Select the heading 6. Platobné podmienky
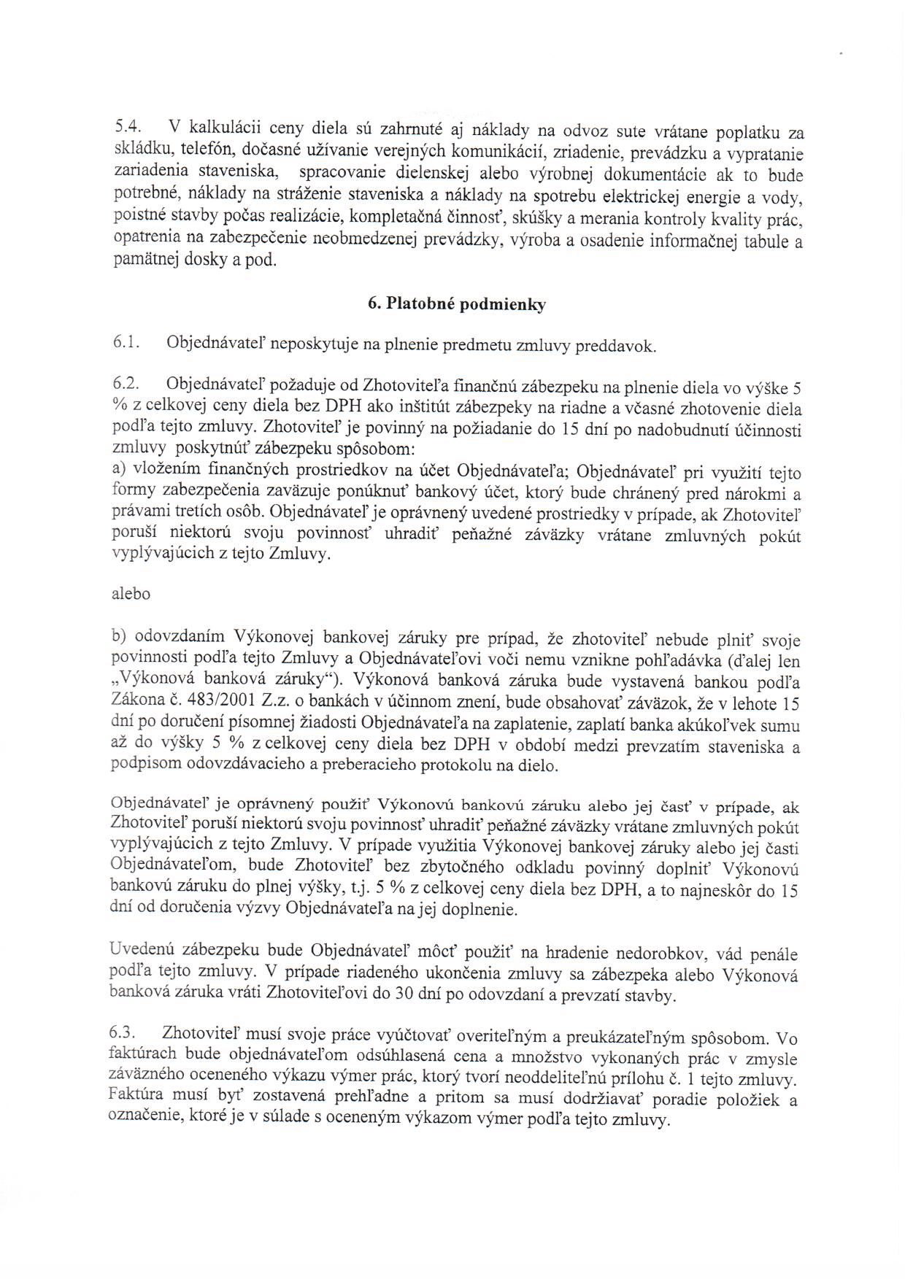coord(457,304)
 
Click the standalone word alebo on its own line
coord(131,594)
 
